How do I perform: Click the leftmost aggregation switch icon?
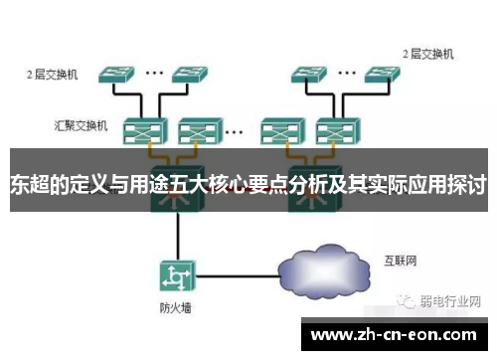pos(140,129)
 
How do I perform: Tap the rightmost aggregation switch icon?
pos(331,129)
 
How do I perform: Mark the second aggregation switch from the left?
pos(196,129)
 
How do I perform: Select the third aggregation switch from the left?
pos(275,129)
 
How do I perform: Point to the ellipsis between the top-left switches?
pos(154,72)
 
